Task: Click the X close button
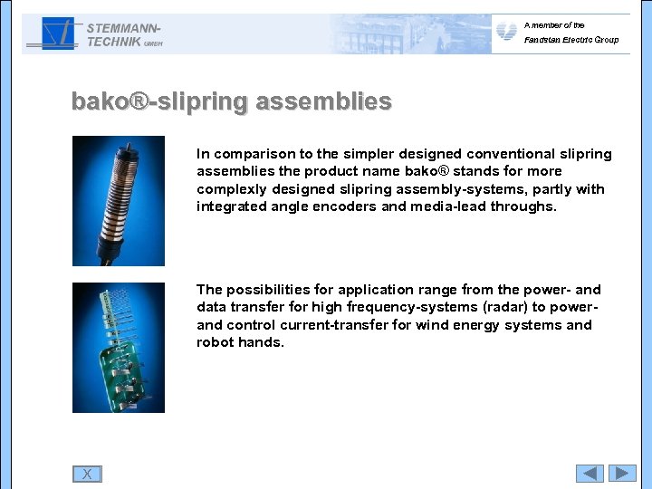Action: coord(87,474)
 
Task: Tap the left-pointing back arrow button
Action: coord(590,473)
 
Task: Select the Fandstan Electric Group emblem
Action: coord(506,33)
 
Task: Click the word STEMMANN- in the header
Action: coord(124,28)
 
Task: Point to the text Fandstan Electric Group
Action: coord(570,40)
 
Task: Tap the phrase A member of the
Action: coord(554,25)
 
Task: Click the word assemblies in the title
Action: coord(323,101)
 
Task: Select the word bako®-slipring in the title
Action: coord(159,101)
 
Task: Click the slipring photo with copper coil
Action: coord(119,200)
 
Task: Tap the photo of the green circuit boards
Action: coord(119,348)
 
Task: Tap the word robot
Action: coord(216,342)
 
